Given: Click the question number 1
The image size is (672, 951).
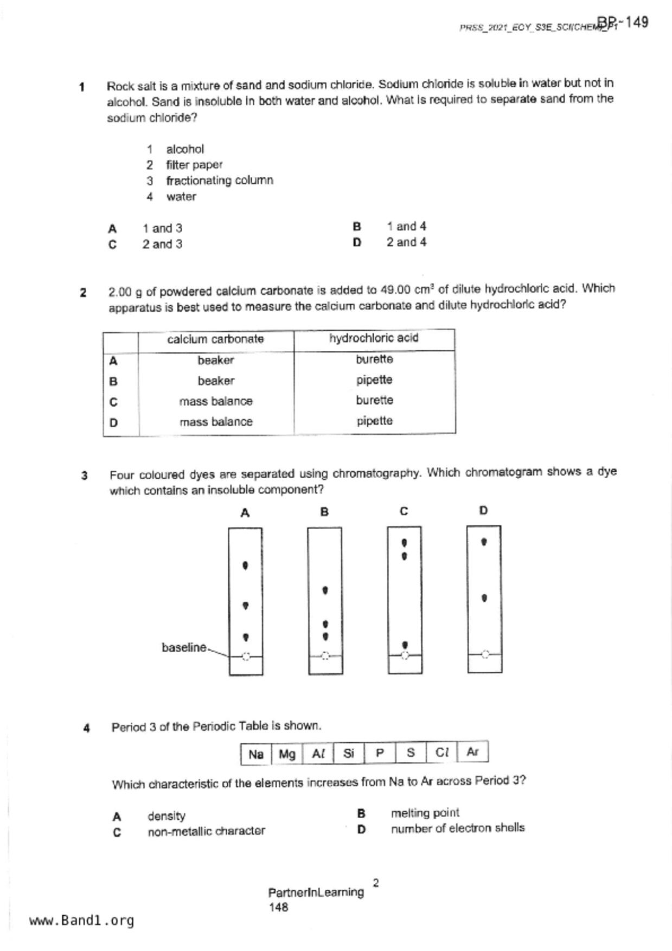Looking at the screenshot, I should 82,87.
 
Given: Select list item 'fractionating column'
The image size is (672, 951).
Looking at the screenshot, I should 219,181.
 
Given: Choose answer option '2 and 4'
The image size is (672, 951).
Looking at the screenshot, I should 406,242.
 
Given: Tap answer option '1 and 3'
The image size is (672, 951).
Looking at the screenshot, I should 162,228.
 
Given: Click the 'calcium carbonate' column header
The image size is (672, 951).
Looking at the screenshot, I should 215,339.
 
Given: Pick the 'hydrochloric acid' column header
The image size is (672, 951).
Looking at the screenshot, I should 374,338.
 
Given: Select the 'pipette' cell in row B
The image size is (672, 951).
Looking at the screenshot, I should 374,380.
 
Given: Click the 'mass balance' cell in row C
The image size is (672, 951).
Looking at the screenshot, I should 216,401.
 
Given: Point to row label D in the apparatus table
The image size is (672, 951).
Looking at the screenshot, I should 113,422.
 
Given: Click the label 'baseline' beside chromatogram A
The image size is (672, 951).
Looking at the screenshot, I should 184,647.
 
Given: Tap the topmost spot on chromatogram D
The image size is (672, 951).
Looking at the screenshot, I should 484,542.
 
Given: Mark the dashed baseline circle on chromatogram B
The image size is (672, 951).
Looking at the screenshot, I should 325,656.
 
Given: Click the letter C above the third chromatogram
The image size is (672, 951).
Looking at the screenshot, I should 404,511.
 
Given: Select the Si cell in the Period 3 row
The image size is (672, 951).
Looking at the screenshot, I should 349,753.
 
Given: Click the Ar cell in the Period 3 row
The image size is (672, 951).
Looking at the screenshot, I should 472,751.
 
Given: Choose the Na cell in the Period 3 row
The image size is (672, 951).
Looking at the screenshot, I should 256,754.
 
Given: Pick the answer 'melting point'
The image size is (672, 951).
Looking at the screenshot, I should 425,813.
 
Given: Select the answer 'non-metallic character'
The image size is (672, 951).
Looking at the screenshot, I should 206,831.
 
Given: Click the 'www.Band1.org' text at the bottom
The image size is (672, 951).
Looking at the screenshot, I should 81,921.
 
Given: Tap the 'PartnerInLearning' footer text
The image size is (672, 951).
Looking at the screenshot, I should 316,892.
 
